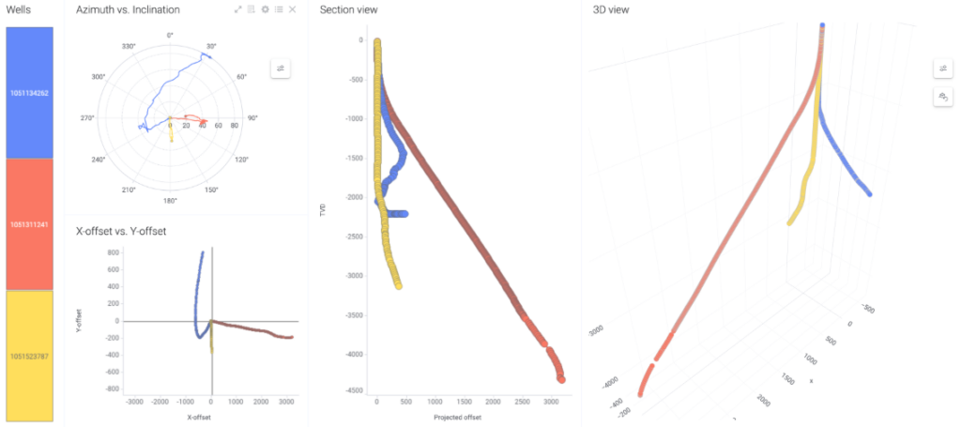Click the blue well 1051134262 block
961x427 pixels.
[x=29, y=92]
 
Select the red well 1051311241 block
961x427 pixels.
[x=29, y=224]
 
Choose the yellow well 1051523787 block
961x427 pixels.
[x=29, y=356]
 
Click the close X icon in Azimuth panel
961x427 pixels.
[x=293, y=9]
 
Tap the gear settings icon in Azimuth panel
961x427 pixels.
[x=266, y=9]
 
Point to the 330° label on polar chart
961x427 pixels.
[x=129, y=45]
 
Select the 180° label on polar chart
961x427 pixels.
[x=170, y=200]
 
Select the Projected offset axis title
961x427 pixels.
[x=459, y=418]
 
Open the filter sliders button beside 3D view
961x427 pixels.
[x=942, y=69]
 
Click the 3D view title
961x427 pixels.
[x=611, y=9]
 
